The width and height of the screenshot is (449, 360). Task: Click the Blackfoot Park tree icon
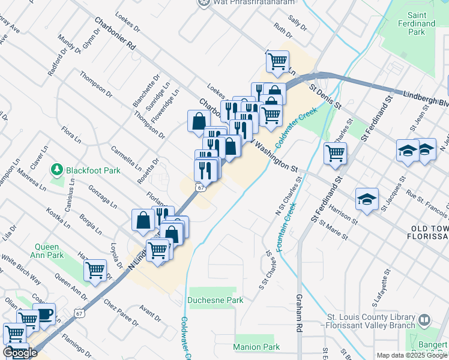58,170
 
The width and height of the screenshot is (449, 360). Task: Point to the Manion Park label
256,347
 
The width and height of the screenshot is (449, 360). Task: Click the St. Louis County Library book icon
424,320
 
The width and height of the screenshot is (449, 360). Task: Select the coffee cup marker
44,314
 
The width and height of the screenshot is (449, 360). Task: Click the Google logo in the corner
20,353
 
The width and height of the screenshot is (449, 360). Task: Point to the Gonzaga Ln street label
102,196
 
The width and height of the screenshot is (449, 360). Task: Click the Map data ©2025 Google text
411,355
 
